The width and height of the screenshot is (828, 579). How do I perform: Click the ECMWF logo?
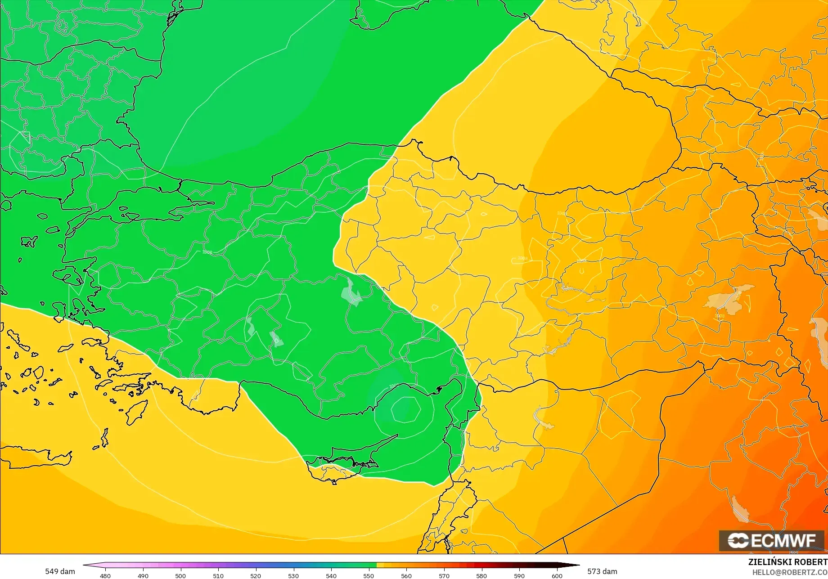771,541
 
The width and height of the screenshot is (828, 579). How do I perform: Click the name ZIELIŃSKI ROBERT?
787,562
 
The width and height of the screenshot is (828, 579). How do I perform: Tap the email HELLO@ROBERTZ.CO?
790,572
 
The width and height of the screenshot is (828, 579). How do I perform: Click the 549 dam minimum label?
60,571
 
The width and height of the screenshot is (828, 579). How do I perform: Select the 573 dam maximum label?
602,571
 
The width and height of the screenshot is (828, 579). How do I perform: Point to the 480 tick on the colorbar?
105,575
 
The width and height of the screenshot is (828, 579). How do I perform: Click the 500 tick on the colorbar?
180,575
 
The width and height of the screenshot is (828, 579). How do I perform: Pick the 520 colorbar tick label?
256,575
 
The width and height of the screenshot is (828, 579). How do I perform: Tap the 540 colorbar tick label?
331,575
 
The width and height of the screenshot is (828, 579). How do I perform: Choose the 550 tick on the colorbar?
369,575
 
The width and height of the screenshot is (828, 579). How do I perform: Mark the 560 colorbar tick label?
406,575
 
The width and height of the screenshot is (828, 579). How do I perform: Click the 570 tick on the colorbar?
444,575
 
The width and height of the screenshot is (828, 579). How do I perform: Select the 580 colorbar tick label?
481,575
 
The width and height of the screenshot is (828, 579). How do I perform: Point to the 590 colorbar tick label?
519,575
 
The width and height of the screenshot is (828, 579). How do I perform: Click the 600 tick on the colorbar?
557,575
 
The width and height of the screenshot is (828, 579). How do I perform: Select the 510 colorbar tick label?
218,575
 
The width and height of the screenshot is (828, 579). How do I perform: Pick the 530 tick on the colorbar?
293,575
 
